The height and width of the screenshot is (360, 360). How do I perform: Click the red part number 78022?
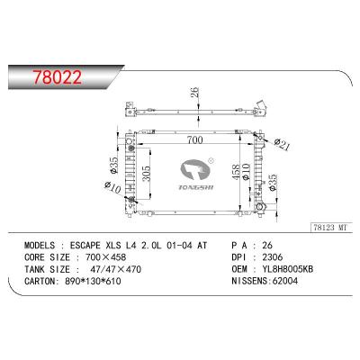click(57, 77)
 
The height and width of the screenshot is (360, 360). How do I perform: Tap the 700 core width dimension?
click(194, 139)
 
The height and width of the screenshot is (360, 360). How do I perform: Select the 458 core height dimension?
click(236, 172)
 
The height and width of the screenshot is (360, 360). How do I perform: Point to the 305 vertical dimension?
click(146, 174)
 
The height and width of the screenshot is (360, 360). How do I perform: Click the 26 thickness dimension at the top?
click(194, 93)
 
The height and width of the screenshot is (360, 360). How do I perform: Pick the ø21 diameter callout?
click(282, 145)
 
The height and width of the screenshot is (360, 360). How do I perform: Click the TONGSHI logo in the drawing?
click(196, 175)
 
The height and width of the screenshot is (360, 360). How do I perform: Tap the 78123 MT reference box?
click(330, 228)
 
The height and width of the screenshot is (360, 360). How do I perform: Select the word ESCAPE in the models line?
click(85, 246)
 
